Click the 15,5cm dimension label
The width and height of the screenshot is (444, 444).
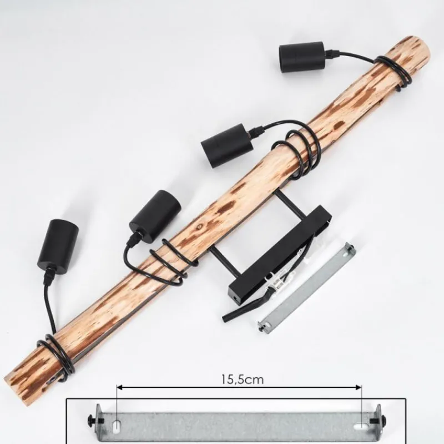pyautogui.click(x=242, y=379)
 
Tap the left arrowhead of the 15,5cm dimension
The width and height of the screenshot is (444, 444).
pyautogui.click(x=119, y=387)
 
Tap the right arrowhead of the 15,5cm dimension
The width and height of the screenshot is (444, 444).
pyautogui.click(x=359, y=387)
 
